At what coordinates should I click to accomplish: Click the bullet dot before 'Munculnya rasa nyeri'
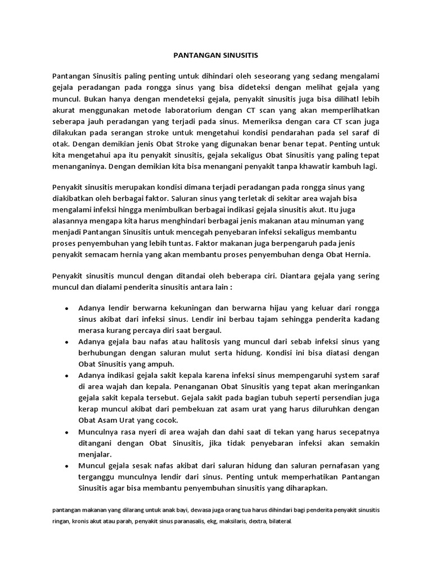[67, 433]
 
